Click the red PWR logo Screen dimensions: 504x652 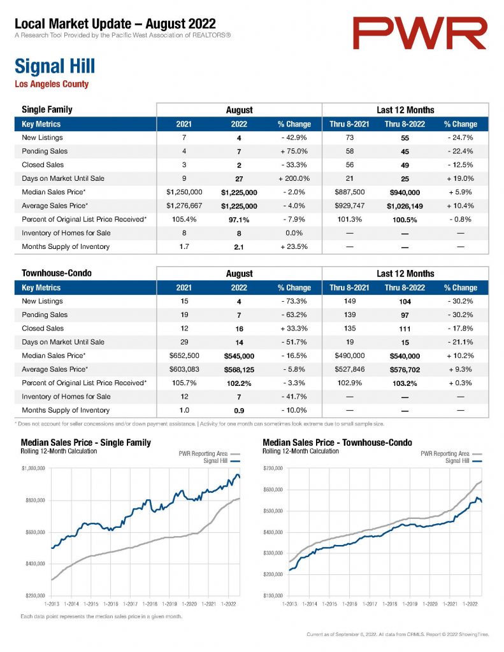[419, 33]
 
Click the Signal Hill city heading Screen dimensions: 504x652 [55, 66]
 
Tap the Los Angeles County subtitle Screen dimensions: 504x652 [52, 84]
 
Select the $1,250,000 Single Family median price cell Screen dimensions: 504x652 [184, 192]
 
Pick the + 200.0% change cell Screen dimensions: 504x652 [294, 178]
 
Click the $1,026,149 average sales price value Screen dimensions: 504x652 [405, 206]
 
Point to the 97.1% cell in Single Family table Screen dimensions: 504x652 [239, 220]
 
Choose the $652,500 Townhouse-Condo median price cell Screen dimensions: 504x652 [184, 356]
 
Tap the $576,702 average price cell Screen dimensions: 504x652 [405, 370]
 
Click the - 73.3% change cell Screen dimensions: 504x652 [294, 301]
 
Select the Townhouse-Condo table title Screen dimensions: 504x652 [57, 273]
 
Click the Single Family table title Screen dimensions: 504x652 [47, 110]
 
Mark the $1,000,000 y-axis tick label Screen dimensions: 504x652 [33, 468]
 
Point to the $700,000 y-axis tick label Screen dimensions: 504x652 [273, 468]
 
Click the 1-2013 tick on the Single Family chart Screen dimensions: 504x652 [52, 604]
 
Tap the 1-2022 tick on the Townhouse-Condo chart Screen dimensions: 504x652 [470, 604]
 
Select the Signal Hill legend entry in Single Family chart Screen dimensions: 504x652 [221, 461]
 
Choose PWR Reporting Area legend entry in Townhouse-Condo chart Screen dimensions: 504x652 [451, 453]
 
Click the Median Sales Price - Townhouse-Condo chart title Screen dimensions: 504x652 [337, 443]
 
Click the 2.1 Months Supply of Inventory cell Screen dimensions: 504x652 [239, 247]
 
